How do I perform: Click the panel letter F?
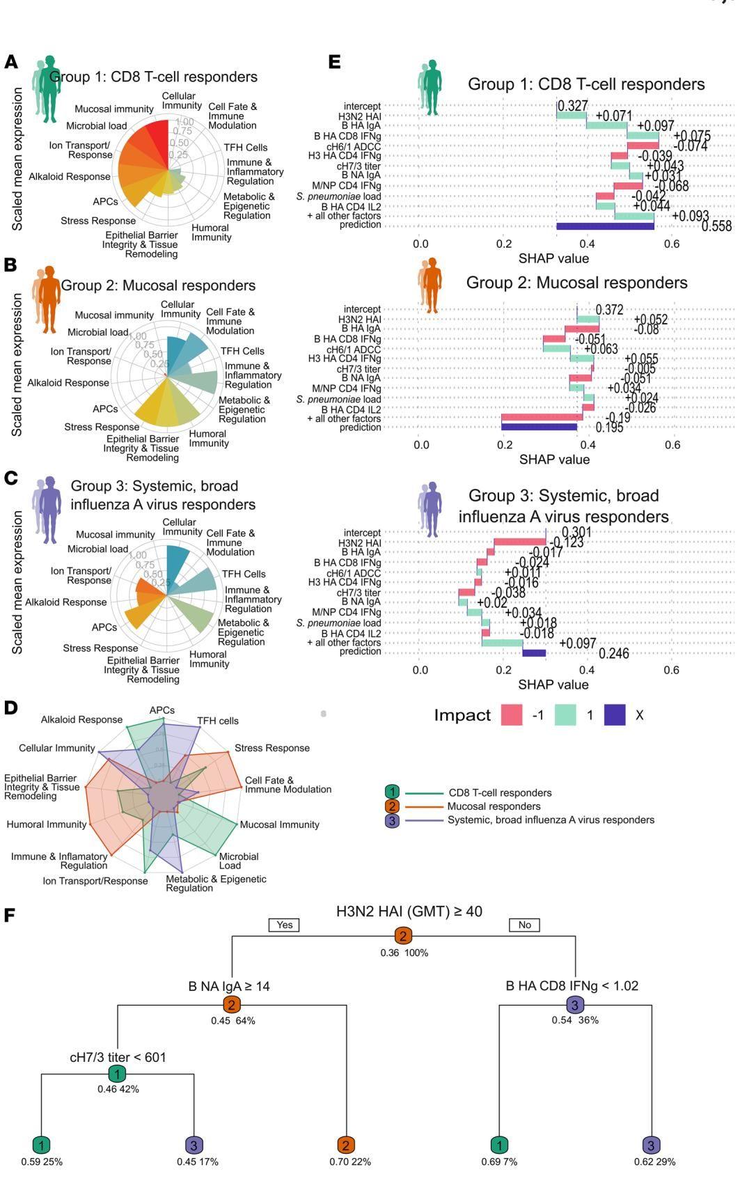[10, 914]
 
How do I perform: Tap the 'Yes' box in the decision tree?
[284, 925]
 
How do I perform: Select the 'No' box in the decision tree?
[524, 925]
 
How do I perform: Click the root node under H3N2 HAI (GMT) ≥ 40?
[403, 936]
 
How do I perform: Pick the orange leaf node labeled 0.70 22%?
[346, 1145]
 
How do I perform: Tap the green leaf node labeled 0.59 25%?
[42, 1145]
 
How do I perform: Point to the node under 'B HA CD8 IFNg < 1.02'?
[575, 1005]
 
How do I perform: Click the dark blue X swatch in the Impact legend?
[614, 714]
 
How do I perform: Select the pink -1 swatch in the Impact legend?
[512, 714]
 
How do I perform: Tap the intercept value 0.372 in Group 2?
[609, 310]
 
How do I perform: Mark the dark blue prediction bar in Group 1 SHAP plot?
[605, 226]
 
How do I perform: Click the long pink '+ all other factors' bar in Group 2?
[542, 417]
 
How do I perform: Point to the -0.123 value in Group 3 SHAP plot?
[567, 542]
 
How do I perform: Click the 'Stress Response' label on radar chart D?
[271, 748]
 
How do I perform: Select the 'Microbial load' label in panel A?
[96, 126]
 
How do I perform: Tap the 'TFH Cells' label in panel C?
[243, 574]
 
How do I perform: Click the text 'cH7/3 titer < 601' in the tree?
[118, 1057]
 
